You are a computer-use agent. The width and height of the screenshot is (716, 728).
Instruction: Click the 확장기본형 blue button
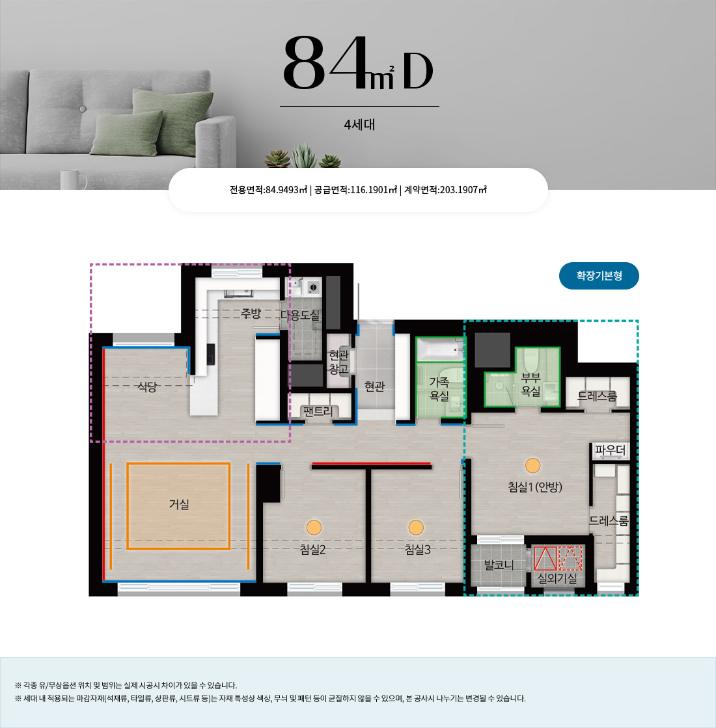(599, 276)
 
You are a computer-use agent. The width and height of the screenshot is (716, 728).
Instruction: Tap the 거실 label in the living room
(179, 504)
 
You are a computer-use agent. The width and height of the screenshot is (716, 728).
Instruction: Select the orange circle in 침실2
(314, 528)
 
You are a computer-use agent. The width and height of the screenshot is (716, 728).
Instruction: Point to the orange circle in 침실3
(416, 528)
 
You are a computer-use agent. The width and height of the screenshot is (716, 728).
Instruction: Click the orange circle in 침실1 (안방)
(533, 465)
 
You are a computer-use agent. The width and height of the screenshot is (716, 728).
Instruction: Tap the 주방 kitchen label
(251, 314)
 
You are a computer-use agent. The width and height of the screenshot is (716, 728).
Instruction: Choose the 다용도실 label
(300, 316)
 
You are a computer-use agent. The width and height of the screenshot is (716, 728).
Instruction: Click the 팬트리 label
(318, 411)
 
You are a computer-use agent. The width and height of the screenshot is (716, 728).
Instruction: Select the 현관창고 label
(338, 362)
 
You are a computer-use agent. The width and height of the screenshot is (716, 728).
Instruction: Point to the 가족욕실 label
(439, 389)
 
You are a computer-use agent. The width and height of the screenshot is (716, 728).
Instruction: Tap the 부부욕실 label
(530, 384)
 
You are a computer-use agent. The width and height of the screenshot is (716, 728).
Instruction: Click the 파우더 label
(610, 450)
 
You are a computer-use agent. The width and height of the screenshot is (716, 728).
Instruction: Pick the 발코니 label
(499, 565)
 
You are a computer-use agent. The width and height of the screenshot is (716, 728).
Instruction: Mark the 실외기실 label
(557, 578)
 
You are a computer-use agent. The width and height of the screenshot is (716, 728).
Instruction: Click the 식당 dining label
(147, 386)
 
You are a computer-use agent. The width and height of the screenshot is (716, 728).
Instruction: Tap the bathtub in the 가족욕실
(440, 349)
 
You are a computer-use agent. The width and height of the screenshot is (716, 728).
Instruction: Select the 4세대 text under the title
(359, 125)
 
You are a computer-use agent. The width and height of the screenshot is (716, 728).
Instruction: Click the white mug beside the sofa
(73, 180)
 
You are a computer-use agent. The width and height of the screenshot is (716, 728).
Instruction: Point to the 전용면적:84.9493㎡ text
(269, 190)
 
